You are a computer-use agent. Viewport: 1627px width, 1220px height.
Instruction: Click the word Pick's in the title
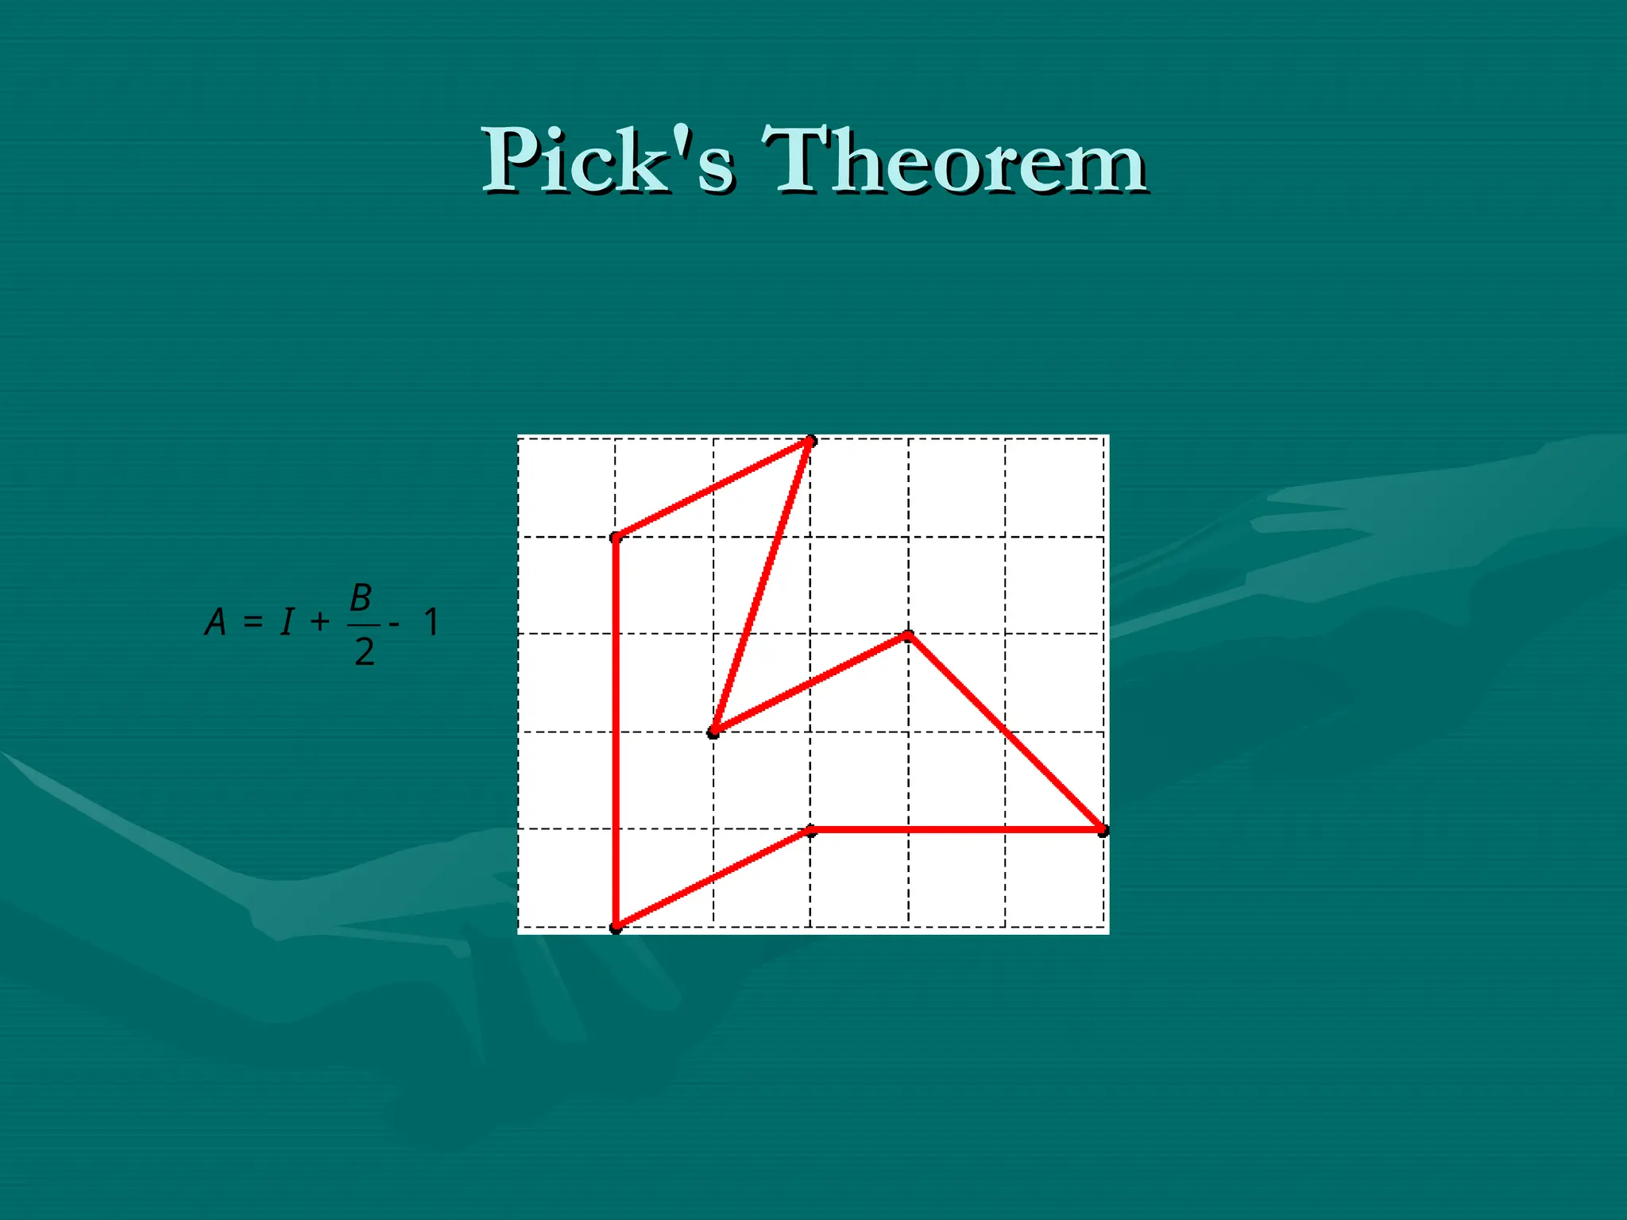(x=608, y=161)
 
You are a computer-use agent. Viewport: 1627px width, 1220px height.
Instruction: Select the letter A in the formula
(x=215, y=622)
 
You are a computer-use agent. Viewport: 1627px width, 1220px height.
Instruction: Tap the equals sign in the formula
(x=253, y=621)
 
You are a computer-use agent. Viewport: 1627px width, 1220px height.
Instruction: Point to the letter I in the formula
(x=287, y=622)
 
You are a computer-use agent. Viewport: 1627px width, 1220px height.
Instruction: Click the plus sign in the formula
(x=320, y=621)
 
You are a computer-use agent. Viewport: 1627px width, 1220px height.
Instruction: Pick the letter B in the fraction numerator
(x=361, y=597)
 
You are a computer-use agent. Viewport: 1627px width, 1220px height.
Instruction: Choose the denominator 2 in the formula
(x=364, y=652)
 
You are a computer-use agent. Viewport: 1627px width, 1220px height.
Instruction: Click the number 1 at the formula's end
(x=431, y=622)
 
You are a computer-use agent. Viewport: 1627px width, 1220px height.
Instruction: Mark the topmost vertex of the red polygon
(x=810, y=441)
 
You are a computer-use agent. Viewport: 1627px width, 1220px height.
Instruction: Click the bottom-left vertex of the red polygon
(x=616, y=927)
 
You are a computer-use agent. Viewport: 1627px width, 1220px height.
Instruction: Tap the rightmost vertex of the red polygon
(x=1103, y=830)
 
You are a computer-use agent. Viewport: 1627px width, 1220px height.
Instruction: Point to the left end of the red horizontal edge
(x=810, y=831)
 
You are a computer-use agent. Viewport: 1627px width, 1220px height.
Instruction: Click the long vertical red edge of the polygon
(x=616, y=731)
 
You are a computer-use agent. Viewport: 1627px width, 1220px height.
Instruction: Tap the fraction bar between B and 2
(x=363, y=625)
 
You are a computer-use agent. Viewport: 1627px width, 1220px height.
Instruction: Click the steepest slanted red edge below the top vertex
(x=762, y=586)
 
